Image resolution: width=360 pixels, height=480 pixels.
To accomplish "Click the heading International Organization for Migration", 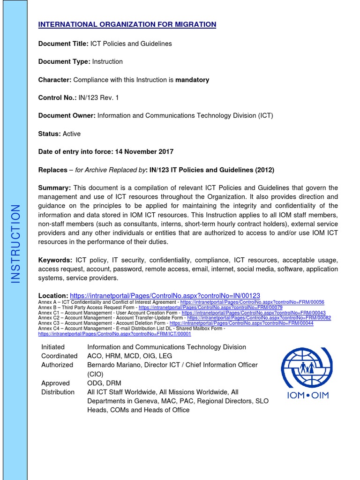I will point(127,25).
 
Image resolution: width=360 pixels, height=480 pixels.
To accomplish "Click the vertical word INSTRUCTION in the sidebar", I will point(15,243).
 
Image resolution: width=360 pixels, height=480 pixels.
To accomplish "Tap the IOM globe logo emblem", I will point(307,366).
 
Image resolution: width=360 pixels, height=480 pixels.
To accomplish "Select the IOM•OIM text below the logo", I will point(307,395).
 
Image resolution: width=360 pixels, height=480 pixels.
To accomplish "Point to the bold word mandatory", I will point(192,80).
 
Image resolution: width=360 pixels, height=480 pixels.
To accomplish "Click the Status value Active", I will point(72,134).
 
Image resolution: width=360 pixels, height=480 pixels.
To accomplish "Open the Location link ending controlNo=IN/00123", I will point(165,296).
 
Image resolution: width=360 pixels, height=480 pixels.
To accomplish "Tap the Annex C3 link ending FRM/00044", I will point(241,323).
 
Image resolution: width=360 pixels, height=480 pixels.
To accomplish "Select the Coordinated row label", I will point(59,356).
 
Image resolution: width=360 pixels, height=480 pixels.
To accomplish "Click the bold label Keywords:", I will point(55,260).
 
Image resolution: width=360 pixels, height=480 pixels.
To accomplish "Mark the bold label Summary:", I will point(54,188).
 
